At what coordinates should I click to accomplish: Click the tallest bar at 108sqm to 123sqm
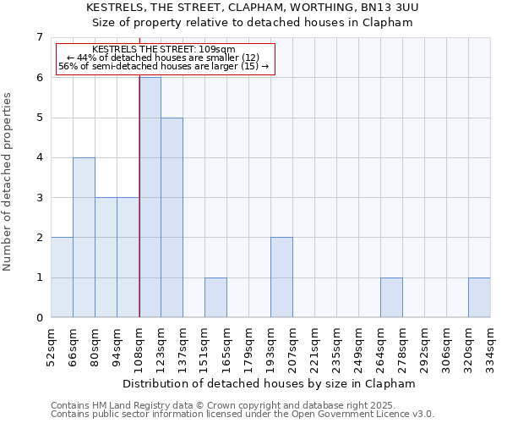pos(150,197)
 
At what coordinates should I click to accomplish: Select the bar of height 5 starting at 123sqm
pos(172,217)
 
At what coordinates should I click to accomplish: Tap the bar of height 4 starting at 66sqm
pos(84,238)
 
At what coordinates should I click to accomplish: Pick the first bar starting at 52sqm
pos(62,277)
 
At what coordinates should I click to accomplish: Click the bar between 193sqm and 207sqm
pos(281,277)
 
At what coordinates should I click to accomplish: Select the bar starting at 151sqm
pos(215,298)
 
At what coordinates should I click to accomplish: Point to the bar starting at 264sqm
pos(391,298)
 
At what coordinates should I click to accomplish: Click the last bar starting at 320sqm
pos(479,298)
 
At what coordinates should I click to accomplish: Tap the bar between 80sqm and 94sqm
pos(106,257)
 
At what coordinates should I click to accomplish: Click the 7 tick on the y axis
pos(39,37)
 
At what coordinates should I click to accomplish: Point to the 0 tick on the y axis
pos(39,318)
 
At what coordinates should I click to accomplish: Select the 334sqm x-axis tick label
pos(490,347)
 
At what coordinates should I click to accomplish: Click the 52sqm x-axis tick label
pos(51,347)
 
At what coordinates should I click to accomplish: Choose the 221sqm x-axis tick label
pos(314,347)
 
